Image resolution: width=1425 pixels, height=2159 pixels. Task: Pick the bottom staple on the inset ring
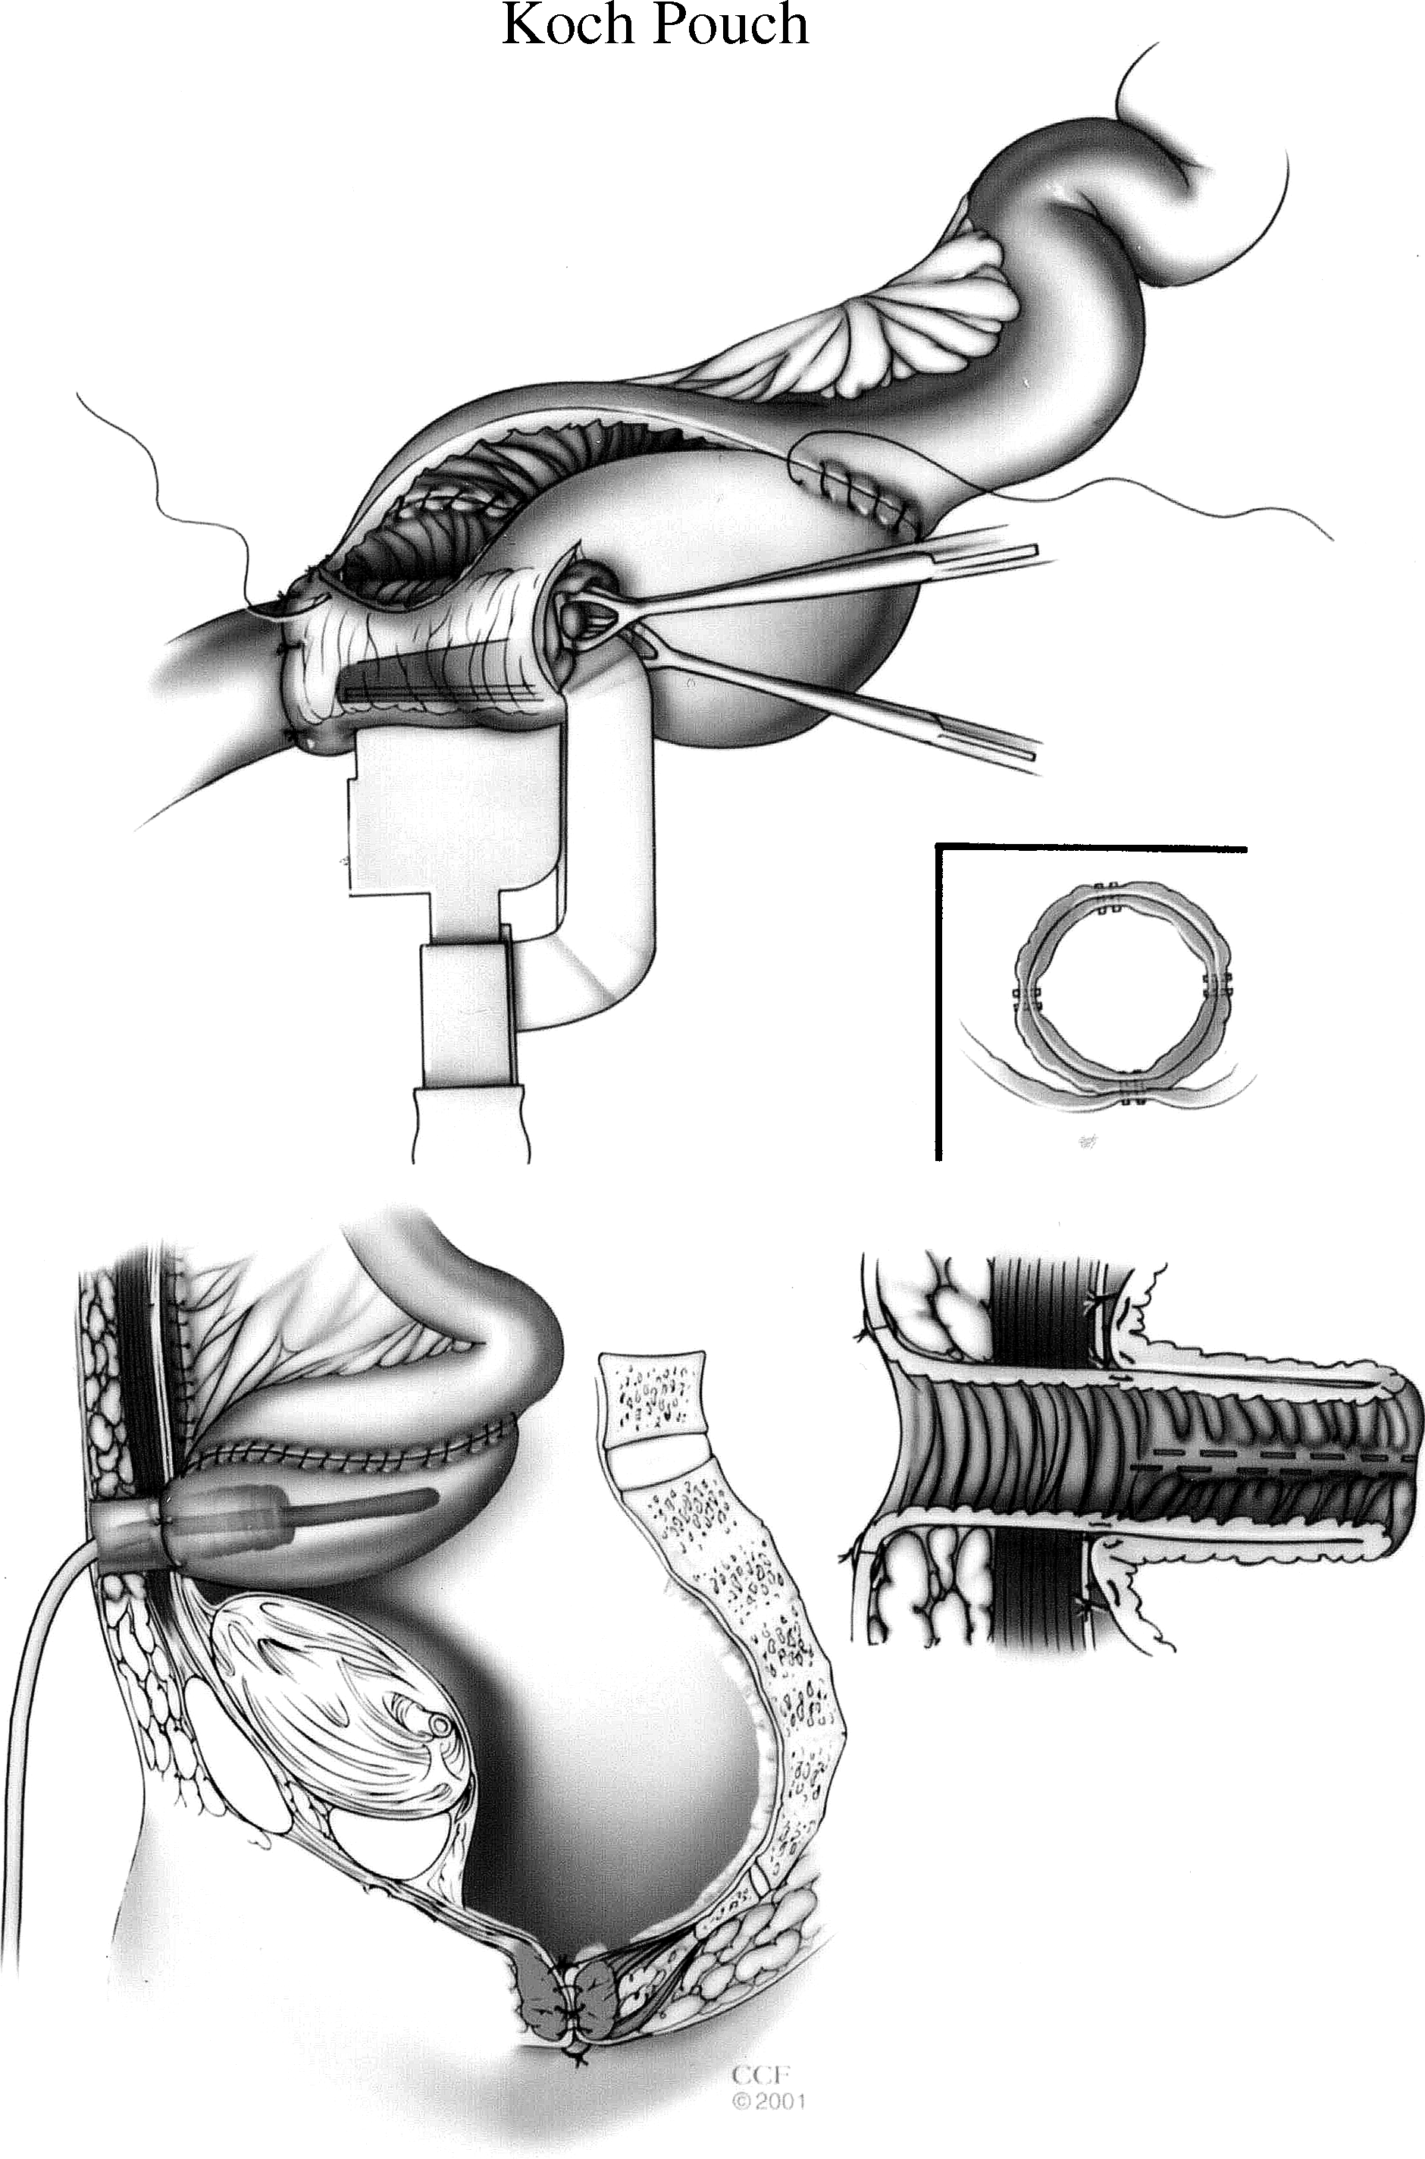pos(1133,1094)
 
